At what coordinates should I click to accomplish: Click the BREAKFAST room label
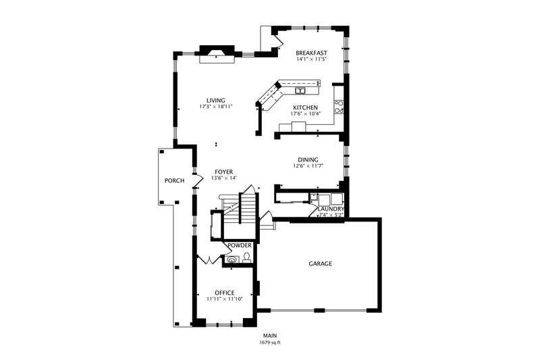(x=311, y=53)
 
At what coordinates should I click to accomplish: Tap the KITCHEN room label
(x=305, y=107)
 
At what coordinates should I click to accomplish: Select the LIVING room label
(x=216, y=100)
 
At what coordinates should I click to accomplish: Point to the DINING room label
(x=308, y=159)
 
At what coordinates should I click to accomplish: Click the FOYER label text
(x=224, y=172)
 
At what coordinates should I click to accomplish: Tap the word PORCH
(x=174, y=180)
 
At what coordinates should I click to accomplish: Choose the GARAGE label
(x=320, y=263)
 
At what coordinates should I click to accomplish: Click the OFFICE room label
(x=224, y=292)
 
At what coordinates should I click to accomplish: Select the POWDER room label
(x=240, y=245)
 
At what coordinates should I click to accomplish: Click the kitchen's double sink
(x=300, y=90)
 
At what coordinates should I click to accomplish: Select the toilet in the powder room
(x=248, y=257)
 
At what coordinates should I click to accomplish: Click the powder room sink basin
(x=232, y=259)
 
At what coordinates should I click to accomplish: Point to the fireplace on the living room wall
(x=217, y=54)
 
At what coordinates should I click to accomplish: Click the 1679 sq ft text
(x=270, y=342)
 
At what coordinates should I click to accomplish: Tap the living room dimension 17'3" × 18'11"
(x=216, y=107)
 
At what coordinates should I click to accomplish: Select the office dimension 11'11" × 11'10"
(x=224, y=299)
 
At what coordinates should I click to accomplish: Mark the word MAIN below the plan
(x=270, y=336)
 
